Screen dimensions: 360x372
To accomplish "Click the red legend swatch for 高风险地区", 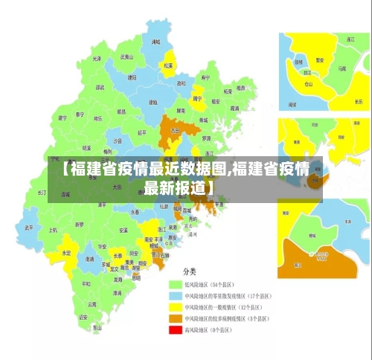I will click(176, 329).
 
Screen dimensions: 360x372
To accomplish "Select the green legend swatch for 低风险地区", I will click(176, 284).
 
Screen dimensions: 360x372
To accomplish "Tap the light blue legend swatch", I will click(176, 295).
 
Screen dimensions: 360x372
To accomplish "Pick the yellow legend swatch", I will click(176, 306).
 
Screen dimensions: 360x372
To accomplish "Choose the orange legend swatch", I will click(176, 318).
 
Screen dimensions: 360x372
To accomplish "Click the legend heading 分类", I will click(190, 271).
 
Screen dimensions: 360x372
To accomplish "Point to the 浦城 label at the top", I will click(156, 42).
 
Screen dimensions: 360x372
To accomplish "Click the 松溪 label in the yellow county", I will click(168, 65).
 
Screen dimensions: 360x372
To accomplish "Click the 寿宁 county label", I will click(206, 77).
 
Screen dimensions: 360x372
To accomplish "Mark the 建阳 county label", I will click(132, 77).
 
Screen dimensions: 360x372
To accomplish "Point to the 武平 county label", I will click(28, 228).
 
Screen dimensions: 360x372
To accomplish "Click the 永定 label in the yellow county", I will click(66, 253).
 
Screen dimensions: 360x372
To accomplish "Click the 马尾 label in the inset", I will click(341, 68).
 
